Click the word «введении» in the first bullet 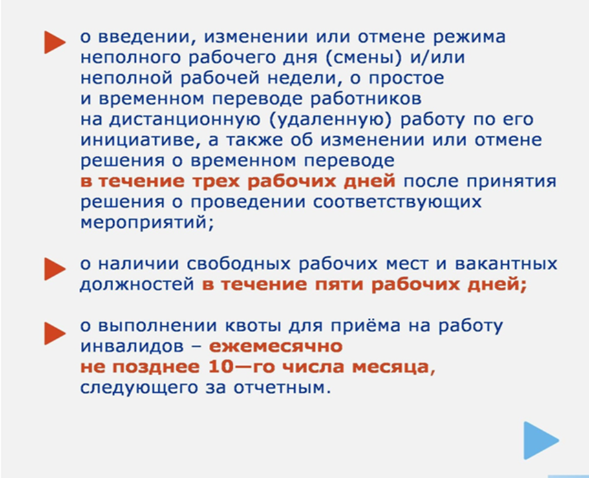coord(146,37)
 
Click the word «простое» coord(407,78)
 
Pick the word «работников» coord(366,99)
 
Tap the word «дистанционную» coord(184,119)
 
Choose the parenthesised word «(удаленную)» coord(330,119)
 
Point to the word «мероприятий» coord(147,222)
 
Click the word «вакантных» coord(506,264)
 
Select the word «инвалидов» coord(132,346)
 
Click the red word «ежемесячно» coord(275,346)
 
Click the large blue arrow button coord(541,440)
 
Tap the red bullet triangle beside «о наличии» coord(55,269)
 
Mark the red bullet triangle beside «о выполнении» coord(55,333)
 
